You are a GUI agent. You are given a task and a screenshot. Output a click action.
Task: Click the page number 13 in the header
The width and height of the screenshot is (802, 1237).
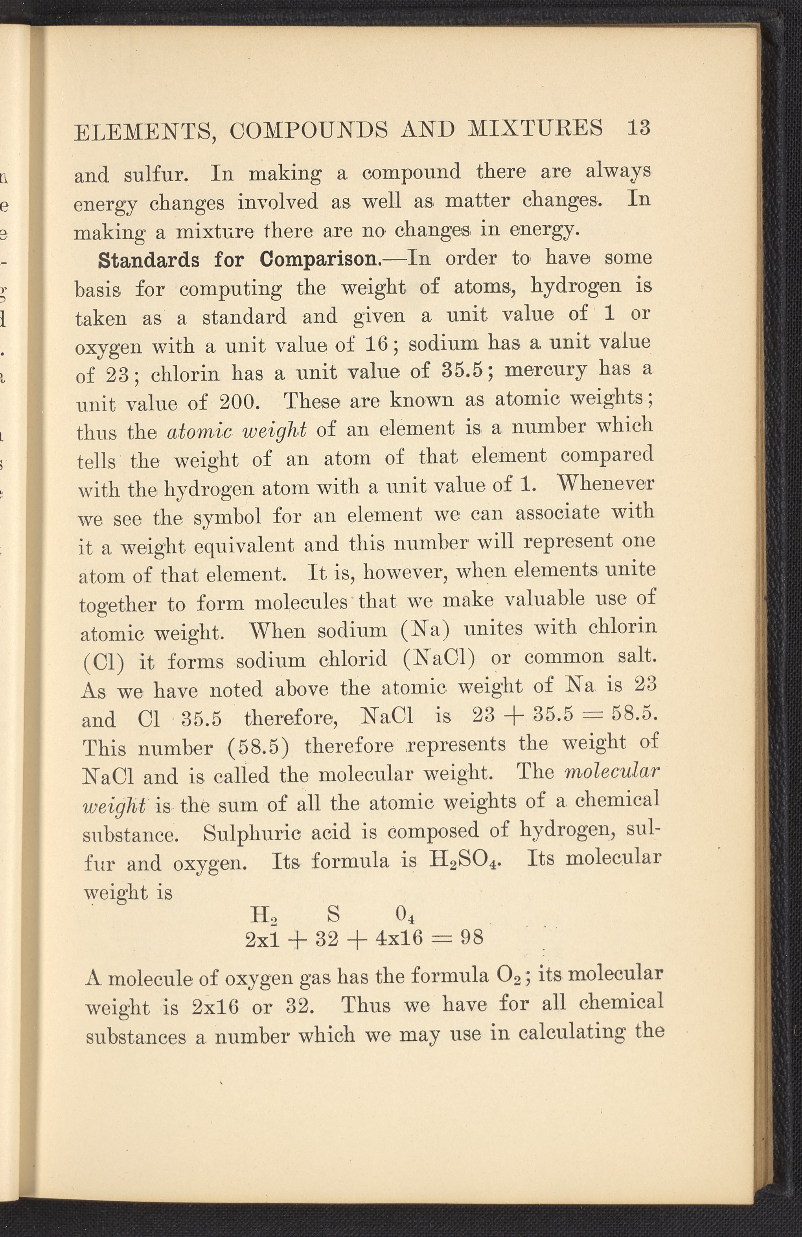(x=638, y=128)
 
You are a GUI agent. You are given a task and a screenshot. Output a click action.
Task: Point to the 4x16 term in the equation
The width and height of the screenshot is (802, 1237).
(x=399, y=938)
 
